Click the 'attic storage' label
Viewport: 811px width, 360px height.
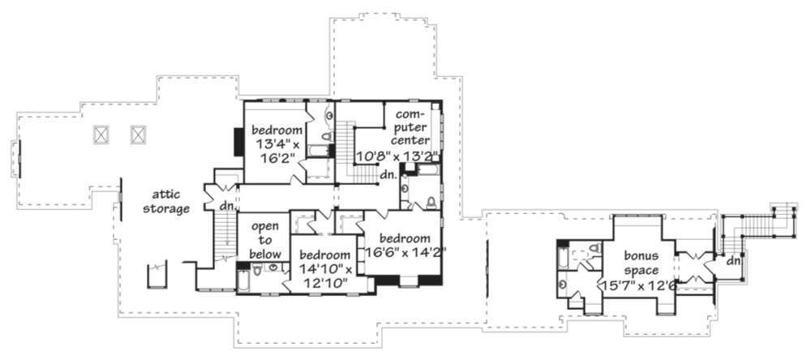click(x=166, y=202)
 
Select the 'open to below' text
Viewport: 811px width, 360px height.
click(x=265, y=240)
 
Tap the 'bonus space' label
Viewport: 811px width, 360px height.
click(x=642, y=263)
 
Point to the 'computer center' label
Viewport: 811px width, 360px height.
click(x=410, y=126)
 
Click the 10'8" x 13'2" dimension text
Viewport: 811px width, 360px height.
click(x=398, y=155)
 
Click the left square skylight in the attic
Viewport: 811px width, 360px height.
click(x=101, y=135)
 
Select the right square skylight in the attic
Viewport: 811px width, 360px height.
click(x=138, y=135)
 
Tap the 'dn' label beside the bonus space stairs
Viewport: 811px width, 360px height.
click(x=732, y=261)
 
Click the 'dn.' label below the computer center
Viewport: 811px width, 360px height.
click(x=388, y=175)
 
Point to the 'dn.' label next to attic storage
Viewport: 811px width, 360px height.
click(x=226, y=205)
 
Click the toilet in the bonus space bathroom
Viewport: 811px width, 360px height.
click(x=594, y=248)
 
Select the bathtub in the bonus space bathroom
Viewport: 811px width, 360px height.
click(x=563, y=259)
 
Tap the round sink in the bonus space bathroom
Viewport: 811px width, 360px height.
click(x=563, y=284)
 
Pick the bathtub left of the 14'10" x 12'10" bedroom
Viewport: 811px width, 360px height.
click(x=242, y=281)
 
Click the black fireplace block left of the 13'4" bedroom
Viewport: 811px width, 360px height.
click(x=239, y=142)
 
